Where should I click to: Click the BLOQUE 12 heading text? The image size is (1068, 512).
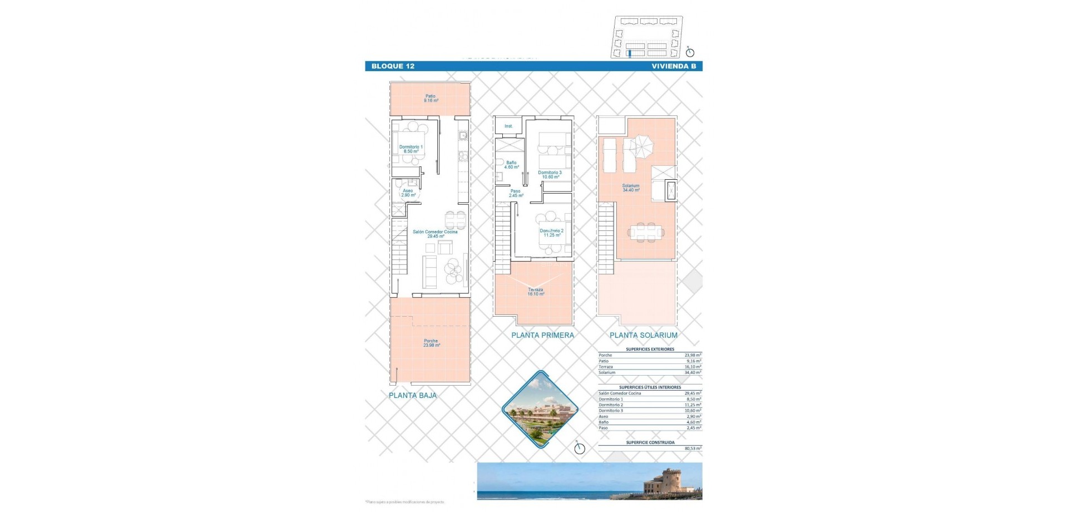393,66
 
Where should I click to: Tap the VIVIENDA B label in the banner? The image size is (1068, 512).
674,66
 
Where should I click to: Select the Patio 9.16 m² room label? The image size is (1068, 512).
431,99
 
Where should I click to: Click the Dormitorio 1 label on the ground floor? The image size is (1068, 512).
411,149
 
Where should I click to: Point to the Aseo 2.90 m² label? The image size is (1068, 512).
408,193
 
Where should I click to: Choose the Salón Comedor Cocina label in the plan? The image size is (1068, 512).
435,234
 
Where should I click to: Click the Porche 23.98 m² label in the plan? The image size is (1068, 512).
431,343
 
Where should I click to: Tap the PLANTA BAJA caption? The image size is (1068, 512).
413,396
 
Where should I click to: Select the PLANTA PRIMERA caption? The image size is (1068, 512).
542,335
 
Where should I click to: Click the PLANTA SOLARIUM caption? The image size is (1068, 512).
643,335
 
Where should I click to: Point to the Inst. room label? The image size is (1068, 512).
508,126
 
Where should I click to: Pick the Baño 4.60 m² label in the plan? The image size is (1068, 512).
511,165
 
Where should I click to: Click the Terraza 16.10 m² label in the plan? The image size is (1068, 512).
536,292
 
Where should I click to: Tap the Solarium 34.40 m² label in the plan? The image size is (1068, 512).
631,188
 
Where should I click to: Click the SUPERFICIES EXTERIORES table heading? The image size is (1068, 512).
650,349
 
